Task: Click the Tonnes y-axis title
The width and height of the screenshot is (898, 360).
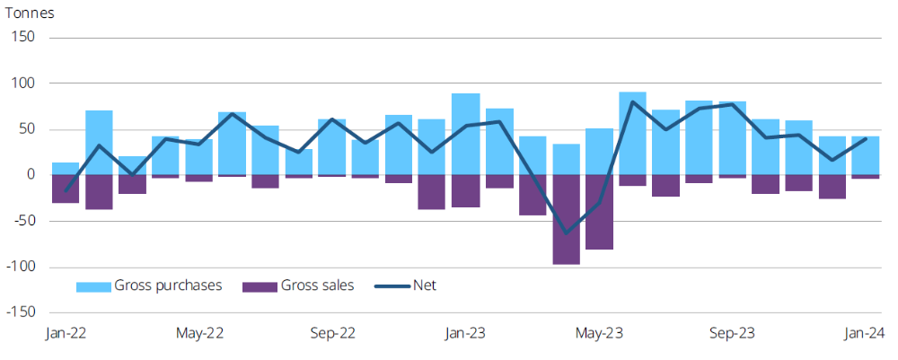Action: [x=31, y=14]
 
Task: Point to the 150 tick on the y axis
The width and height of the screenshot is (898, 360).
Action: [x=23, y=38]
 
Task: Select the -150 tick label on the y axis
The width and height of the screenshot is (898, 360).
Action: [x=22, y=312]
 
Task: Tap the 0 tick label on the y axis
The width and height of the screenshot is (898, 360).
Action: [x=31, y=175]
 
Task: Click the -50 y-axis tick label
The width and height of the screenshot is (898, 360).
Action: [x=24, y=221]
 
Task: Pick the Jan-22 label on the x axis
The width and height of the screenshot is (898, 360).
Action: [x=66, y=334]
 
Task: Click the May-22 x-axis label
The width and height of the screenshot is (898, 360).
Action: [x=199, y=334]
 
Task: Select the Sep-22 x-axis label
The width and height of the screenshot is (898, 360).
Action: [x=332, y=334]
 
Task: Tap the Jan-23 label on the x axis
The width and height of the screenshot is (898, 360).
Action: [x=465, y=334]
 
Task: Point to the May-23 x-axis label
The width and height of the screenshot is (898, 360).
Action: [x=599, y=334]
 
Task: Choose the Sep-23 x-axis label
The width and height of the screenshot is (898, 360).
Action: [x=732, y=334]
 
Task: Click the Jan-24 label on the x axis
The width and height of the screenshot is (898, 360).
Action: [x=865, y=334]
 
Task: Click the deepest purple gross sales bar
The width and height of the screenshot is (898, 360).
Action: [x=566, y=219]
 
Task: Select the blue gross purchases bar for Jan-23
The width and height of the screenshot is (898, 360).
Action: [x=465, y=134]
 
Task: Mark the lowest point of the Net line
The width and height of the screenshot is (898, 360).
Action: [x=566, y=233]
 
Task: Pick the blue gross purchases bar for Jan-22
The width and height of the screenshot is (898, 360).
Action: [x=66, y=169]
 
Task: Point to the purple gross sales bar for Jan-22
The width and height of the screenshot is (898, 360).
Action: [x=66, y=189]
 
